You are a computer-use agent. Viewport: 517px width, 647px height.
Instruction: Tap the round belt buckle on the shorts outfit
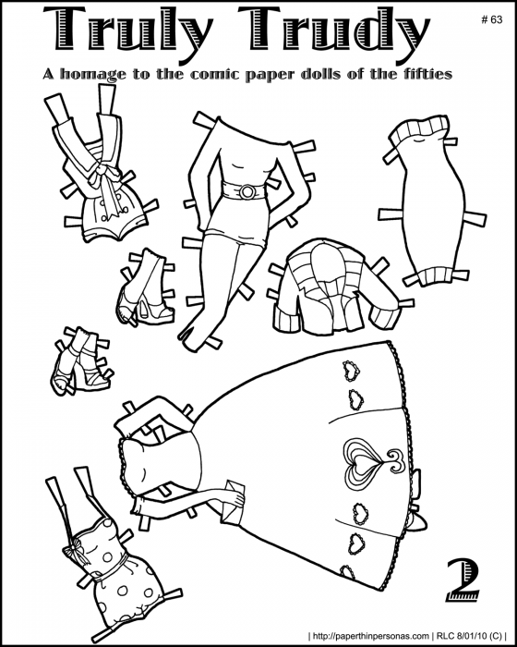248,191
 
